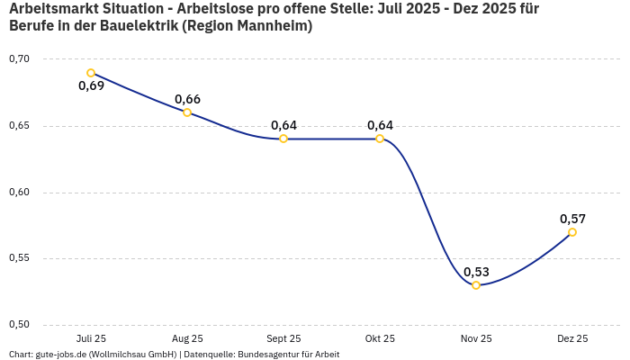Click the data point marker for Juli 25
tap(91, 73)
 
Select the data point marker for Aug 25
tap(187, 112)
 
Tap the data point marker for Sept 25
tap(283, 139)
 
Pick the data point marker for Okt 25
tap(380, 139)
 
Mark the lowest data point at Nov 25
tap(476, 285)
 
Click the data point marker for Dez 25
tap(572, 232)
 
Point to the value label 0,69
tap(91, 86)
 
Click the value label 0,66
tap(187, 99)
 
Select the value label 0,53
tap(476, 272)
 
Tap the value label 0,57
tap(572, 219)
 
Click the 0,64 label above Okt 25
tap(380, 125)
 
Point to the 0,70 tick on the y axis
tap(19, 59)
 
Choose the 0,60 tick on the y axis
tap(19, 193)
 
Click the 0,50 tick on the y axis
tap(19, 325)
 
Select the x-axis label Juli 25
tap(91, 339)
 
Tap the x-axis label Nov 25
tap(476, 339)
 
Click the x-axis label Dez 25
tap(572, 339)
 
